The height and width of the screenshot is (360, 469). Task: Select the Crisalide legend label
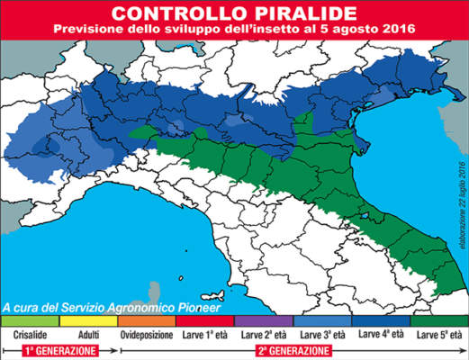pyautogui.click(x=30, y=332)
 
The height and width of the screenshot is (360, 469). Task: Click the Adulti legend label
pyautogui.click(x=88, y=332)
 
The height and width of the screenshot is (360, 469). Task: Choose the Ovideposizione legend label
pyautogui.click(x=146, y=332)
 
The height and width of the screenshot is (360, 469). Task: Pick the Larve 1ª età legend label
pyautogui.click(x=205, y=332)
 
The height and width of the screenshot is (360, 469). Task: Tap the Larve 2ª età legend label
pyautogui.click(x=263, y=332)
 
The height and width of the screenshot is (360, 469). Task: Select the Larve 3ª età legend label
pyautogui.click(x=322, y=332)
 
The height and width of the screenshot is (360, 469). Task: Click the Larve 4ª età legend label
pyautogui.click(x=380, y=332)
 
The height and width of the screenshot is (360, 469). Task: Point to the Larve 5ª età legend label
pyautogui.click(x=438, y=332)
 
